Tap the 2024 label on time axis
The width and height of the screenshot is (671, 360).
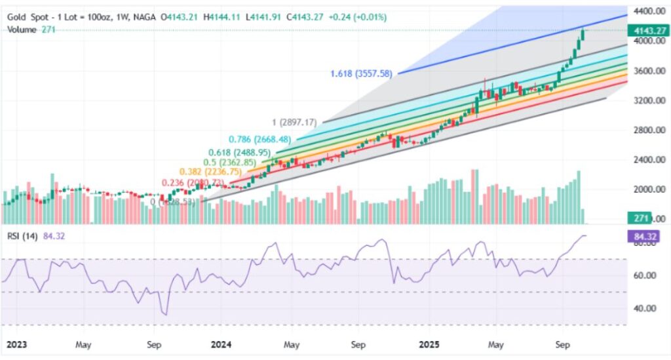222,344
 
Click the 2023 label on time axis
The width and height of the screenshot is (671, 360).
14,344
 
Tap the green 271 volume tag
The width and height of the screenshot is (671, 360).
639,218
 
